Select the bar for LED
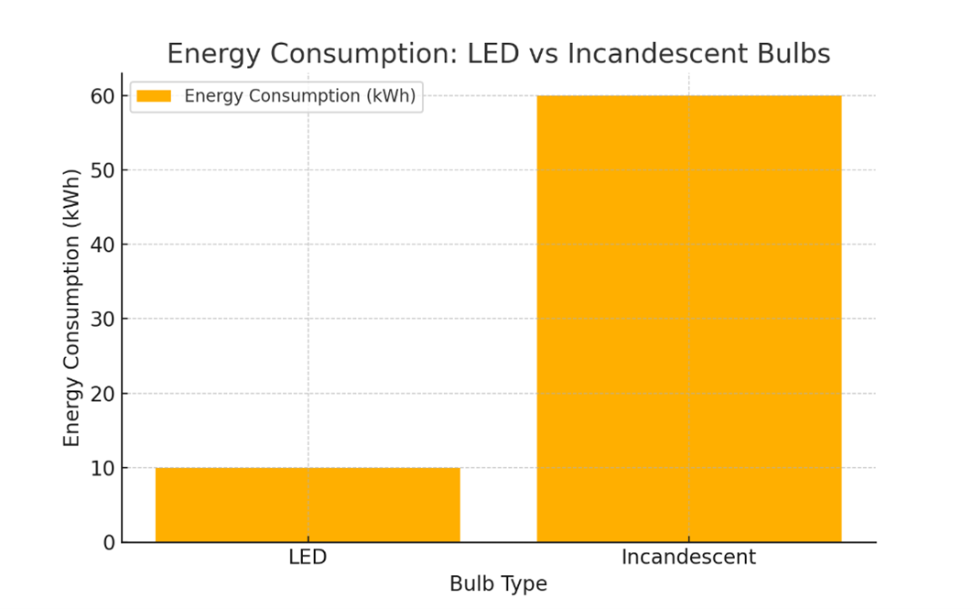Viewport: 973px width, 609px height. click(x=308, y=505)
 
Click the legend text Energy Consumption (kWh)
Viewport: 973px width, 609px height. click(x=300, y=96)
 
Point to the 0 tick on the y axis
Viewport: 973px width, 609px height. click(x=109, y=543)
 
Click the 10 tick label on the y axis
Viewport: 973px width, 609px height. click(x=103, y=468)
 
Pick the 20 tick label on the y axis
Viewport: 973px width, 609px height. click(x=103, y=394)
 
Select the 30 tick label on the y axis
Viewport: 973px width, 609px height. click(x=103, y=320)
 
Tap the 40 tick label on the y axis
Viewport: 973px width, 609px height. click(x=103, y=245)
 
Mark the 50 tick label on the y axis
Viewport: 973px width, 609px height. click(x=103, y=170)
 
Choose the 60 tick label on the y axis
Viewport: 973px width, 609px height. click(x=103, y=96)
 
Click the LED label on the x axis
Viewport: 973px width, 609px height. click(x=308, y=557)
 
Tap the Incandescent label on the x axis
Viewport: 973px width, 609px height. click(x=688, y=557)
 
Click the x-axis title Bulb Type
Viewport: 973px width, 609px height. click(x=498, y=584)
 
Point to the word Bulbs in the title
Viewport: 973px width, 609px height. click(x=792, y=55)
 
